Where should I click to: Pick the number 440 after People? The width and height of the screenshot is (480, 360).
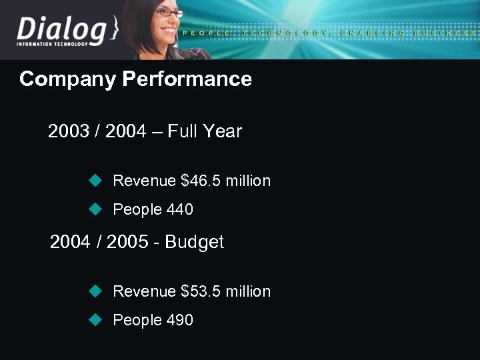179,210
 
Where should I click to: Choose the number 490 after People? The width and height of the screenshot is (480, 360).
179,321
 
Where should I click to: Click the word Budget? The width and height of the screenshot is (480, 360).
194,242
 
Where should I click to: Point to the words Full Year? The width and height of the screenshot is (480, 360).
205,131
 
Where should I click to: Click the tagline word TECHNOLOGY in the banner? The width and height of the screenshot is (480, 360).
285,33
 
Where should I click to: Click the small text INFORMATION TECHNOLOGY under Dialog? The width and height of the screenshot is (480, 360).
52,45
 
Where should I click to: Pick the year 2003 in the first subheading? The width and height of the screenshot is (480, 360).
69,131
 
